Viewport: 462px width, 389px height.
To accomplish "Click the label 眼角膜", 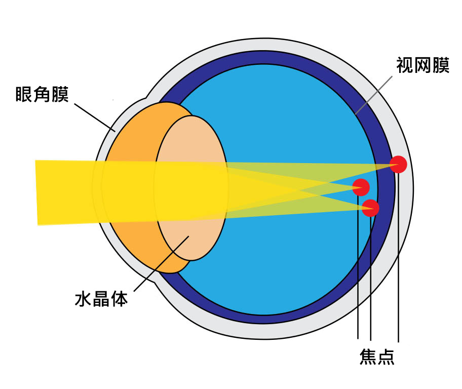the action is [42, 94].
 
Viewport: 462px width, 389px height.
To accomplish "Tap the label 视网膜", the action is [423, 65].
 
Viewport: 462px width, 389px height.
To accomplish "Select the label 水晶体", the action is [101, 299].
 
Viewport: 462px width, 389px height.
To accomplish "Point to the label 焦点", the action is [377, 357].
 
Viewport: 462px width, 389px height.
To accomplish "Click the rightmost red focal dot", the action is [398, 165].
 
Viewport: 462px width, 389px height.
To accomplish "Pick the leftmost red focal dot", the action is [361, 187].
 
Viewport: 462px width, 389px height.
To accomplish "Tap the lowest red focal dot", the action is [370, 208].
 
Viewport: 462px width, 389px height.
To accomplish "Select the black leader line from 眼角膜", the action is [95, 118].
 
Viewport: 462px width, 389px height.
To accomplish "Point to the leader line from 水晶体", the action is [162, 263].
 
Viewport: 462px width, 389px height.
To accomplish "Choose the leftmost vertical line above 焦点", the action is [358, 267].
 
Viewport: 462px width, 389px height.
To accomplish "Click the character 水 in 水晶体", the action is [83, 299].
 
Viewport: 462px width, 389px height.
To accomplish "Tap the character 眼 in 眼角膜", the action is [24, 94].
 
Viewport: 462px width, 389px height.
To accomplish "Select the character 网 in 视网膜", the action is [423, 65].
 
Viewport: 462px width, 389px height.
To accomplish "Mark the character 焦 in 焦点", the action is [368, 357].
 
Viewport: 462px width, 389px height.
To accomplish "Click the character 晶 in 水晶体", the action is [101, 299].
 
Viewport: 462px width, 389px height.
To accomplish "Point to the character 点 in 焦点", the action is [386, 357].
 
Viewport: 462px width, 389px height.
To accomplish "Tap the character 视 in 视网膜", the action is [405, 65].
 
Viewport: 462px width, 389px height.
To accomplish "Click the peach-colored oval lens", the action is [191, 188].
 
